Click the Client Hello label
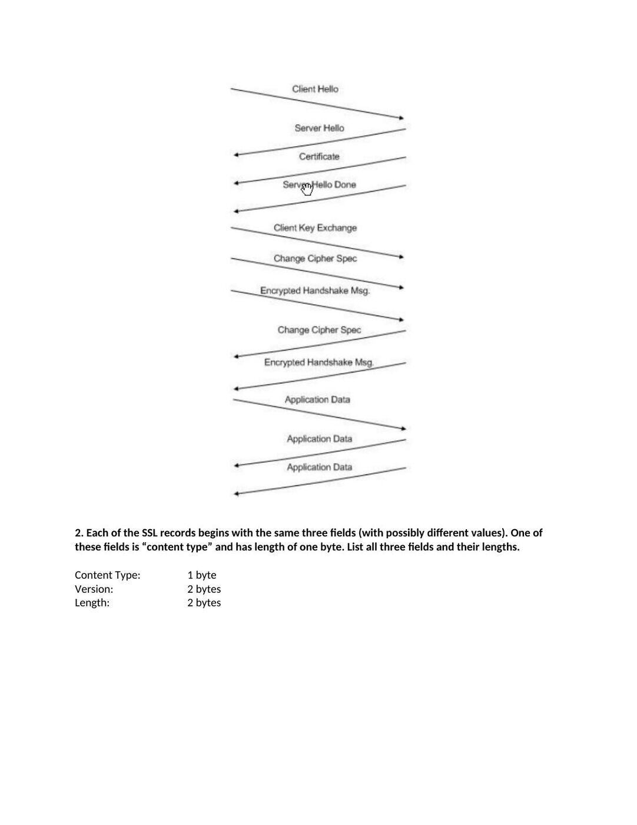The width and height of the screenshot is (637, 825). click(315, 89)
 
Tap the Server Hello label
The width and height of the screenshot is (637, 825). click(319, 128)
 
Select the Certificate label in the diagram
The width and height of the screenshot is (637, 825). click(319, 156)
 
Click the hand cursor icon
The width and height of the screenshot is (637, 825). click(307, 189)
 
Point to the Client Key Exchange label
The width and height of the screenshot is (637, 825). click(315, 228)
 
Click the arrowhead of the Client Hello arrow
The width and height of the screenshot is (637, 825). click(402, 118)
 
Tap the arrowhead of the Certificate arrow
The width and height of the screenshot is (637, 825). click(236, 183)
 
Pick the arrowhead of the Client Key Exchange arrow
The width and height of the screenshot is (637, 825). click(402, 257)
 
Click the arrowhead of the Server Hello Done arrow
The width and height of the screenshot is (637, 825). click(236, 211)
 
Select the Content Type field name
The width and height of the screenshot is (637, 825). click(108, 575)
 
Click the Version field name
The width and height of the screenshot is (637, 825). click(94, 589)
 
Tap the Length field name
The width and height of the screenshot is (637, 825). click(92, 602)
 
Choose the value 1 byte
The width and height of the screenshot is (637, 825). click(202, 575)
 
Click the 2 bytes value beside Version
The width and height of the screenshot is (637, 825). click(204, 589)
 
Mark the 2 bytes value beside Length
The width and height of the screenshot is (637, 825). click(204, 602)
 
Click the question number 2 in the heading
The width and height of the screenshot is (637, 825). click(79, 533)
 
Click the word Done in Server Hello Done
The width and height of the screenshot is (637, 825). click(345, 184)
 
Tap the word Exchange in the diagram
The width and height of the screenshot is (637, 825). click(337, 228)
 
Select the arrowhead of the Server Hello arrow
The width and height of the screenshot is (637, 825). click(236, 155)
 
